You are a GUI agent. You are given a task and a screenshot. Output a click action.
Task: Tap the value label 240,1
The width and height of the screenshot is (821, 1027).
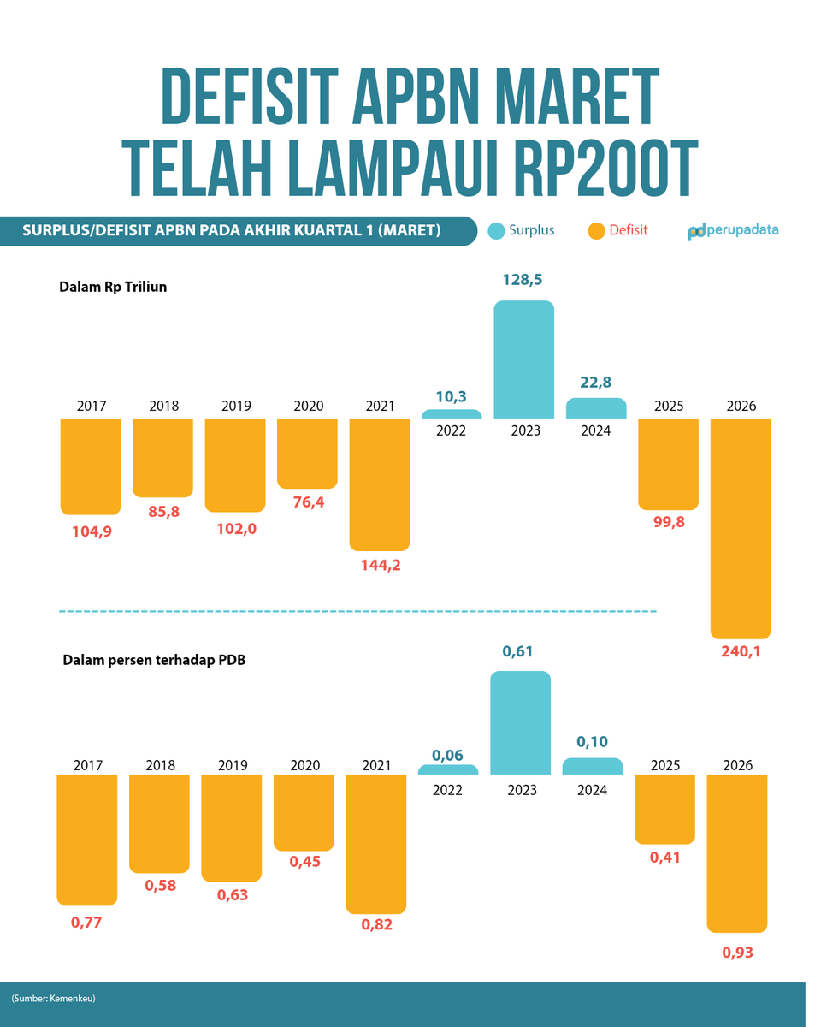tap(741, 652)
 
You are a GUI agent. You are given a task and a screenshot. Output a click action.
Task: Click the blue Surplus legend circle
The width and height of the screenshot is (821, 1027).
tap(495, 230)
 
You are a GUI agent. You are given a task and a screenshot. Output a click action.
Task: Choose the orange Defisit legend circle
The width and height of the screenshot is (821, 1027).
tap(596, 230)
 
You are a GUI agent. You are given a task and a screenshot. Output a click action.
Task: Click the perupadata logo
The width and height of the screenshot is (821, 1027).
tap(733, 230)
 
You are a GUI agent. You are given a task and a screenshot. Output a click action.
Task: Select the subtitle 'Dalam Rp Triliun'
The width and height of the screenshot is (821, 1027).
tap(113, 287)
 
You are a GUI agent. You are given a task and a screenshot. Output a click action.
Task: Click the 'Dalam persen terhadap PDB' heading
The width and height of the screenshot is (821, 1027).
tap(154, 660)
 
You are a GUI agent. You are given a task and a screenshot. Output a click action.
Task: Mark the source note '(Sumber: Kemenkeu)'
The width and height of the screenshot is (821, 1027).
tap(52, 999)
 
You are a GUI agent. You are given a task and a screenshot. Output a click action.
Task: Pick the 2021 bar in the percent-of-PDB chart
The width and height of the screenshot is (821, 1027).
tap(375, 844)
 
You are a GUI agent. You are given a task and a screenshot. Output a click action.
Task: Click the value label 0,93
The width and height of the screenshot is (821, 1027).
tap(737, 952)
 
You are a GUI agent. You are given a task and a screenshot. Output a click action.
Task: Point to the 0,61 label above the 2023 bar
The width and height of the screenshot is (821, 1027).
tap(520, 652)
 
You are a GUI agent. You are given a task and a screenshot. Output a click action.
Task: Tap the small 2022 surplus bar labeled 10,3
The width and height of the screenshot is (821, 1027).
tap(451, 414)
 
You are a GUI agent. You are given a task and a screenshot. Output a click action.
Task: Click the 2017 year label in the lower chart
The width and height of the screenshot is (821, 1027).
tap(86, 764)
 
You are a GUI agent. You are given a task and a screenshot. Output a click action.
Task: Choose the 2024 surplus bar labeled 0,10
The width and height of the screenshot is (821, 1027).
tap(592, 767)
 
